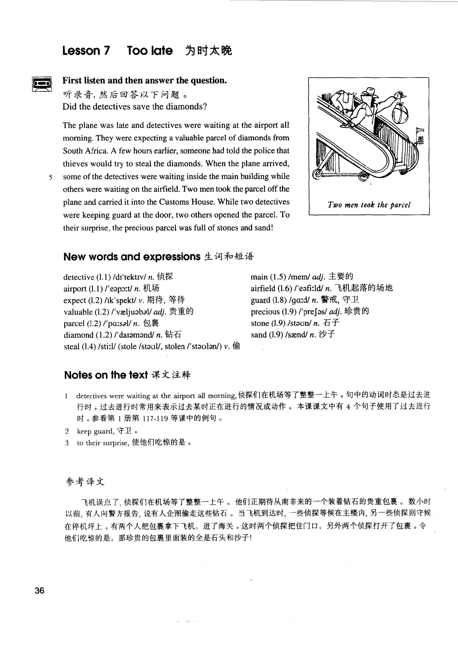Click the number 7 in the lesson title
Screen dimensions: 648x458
(x=106, y=51)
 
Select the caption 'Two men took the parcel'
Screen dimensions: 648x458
(x=369, y=205)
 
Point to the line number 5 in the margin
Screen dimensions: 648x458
(x=50, y=178)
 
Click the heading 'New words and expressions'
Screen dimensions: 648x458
(x=132, y=257)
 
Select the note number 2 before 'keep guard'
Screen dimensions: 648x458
(x=67, y=431)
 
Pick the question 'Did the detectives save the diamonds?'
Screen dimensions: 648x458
(x=135, y=107)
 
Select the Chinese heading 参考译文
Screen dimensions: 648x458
(x=85, y=482)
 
